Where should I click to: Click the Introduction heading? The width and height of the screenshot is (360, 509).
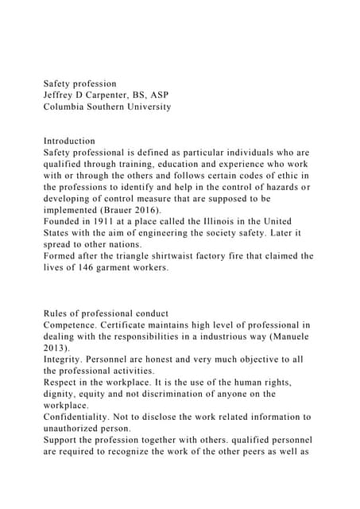(x=69, y=141)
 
